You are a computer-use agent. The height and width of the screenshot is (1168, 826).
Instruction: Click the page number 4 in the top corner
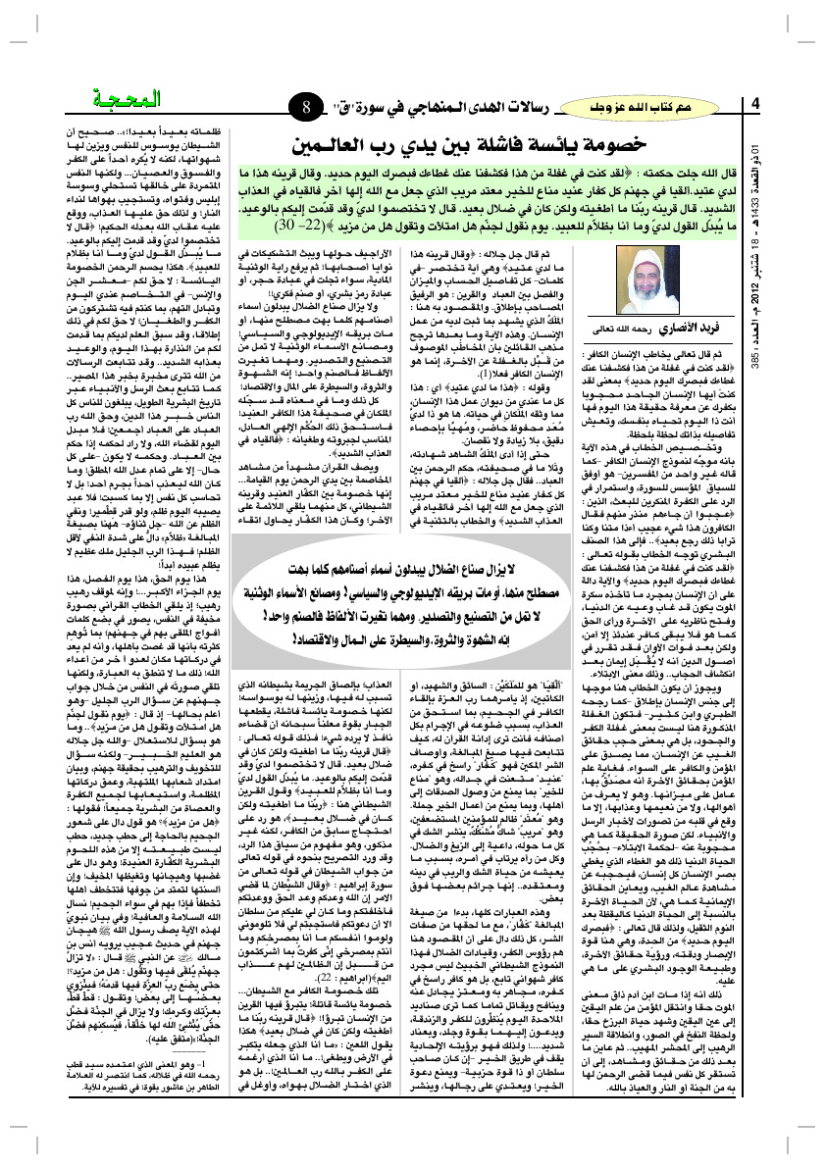[756, 104]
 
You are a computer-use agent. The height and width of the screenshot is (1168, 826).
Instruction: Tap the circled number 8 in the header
[307, 104]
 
